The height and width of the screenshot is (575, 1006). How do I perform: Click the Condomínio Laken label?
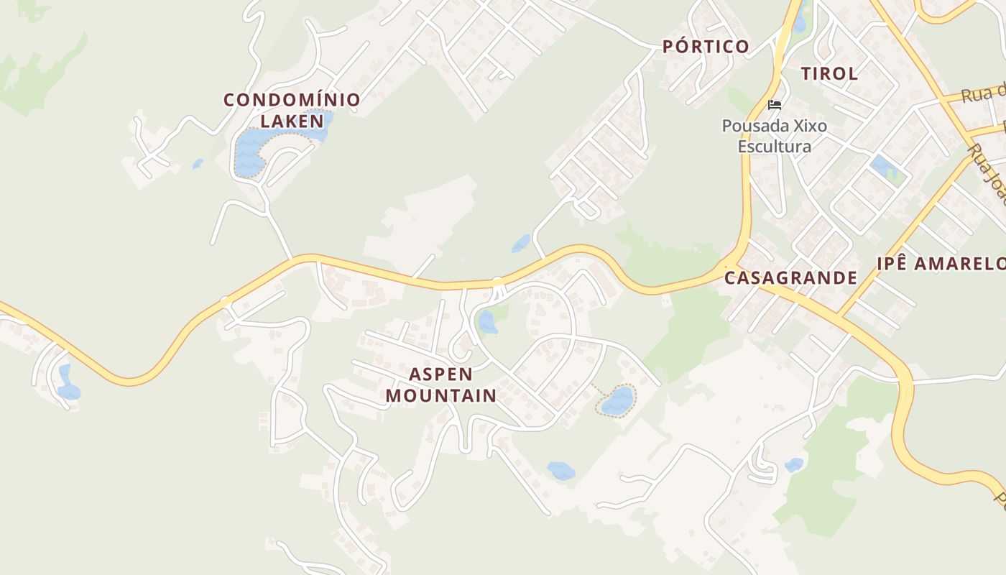tap(292, 110)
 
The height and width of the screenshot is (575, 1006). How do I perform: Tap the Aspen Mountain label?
tap(441, 385)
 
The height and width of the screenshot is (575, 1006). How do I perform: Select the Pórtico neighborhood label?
tap(706, 47)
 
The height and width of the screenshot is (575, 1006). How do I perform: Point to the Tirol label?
tap(829, 73)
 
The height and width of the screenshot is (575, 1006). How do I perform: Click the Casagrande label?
tap(790, 277)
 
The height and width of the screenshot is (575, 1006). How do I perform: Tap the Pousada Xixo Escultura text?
tap(775, 136)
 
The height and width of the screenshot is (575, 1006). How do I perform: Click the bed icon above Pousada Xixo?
tap(774, 105)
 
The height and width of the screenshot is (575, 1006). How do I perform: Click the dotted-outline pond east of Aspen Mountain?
tap(617, 400)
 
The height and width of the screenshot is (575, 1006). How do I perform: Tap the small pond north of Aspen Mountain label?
tap(487, 321)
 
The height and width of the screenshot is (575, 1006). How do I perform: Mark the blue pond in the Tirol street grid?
tap(883, 167)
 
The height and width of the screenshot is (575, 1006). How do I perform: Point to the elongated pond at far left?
tap(68, 382)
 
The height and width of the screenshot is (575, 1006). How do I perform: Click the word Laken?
tap(292, 121)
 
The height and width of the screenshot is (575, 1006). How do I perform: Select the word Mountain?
tap(441, 395)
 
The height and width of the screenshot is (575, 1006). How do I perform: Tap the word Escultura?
tap(775, 147)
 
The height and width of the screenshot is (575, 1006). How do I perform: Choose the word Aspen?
tap(441, 374)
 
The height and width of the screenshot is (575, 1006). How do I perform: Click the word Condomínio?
tap(292, 100)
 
